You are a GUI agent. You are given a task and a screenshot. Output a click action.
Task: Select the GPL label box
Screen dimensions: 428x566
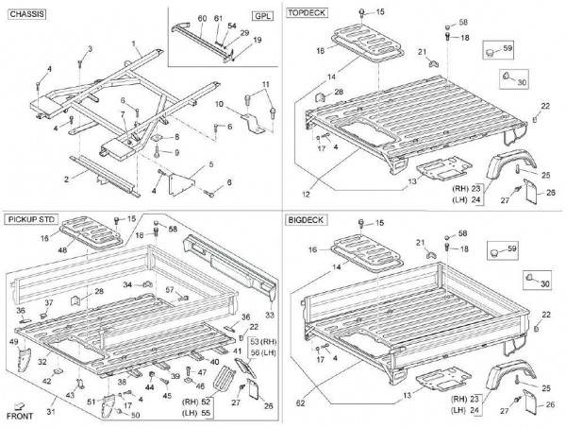(260, 17)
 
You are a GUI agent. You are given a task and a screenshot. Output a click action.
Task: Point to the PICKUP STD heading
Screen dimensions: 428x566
(32, 219)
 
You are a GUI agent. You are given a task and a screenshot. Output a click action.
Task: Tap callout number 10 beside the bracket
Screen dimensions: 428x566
(220, 103)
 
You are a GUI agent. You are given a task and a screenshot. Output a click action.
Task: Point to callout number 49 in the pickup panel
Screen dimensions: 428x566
(13, 341)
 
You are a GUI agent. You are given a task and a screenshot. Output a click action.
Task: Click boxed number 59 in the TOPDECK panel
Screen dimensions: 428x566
(508, 46)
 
